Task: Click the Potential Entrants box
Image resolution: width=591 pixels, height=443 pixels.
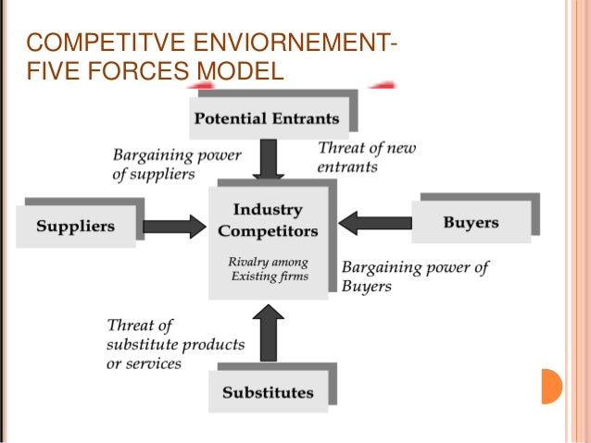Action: (x=265, y=118)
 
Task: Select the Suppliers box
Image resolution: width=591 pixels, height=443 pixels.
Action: (x=75, y=226)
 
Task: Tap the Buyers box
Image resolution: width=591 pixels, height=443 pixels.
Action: (x=471, y=223)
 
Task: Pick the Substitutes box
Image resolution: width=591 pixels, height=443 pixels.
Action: (x=268, y=392)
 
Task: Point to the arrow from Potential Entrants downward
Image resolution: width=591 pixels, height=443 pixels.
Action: (x=269, y=159)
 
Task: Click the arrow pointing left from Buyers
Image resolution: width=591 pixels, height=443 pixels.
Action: (x=374, y=223)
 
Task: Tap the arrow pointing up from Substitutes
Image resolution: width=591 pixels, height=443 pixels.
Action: (x=269, y=334)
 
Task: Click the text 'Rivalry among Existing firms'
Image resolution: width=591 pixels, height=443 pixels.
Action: (x=269, y=270)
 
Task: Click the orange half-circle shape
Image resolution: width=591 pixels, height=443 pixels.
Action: (x=551, y=386)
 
